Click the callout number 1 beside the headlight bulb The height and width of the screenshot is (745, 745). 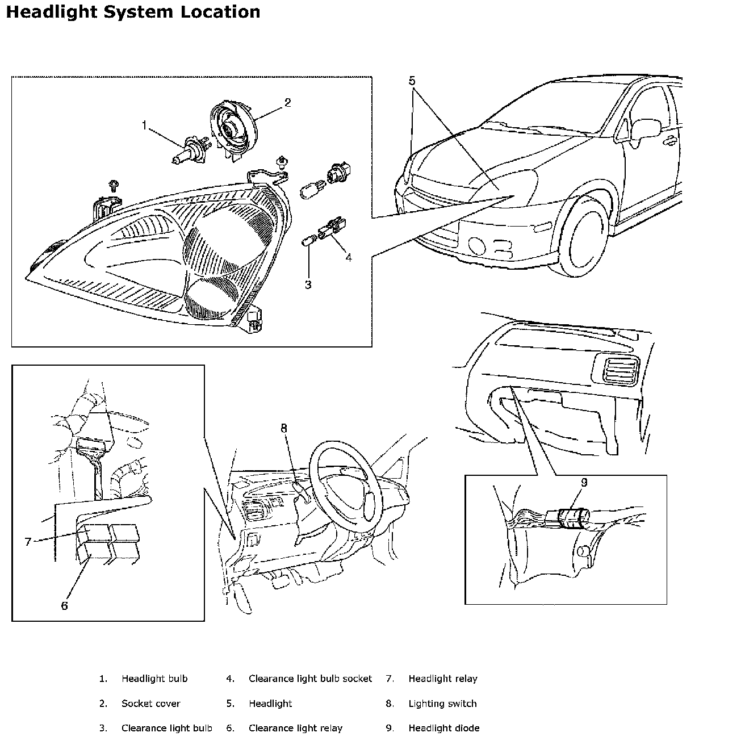click(144, 125)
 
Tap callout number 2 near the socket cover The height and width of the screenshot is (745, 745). click(287, 103)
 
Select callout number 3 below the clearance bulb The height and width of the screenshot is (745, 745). click(308, 285)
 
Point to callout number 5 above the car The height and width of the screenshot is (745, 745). click(412, 81)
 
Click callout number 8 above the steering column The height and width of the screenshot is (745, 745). click(284, 429)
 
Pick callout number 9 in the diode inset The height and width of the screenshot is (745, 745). click(584, 483)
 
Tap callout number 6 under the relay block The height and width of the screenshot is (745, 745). click(64, 606)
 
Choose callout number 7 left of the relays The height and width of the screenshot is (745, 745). click(28, 542)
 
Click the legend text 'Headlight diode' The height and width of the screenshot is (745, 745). click(443, 728)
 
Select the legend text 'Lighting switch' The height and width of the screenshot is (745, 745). click(442, 704)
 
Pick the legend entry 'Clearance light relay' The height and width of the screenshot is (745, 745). click(295, 728)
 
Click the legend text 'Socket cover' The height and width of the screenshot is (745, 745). click(150, 704)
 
